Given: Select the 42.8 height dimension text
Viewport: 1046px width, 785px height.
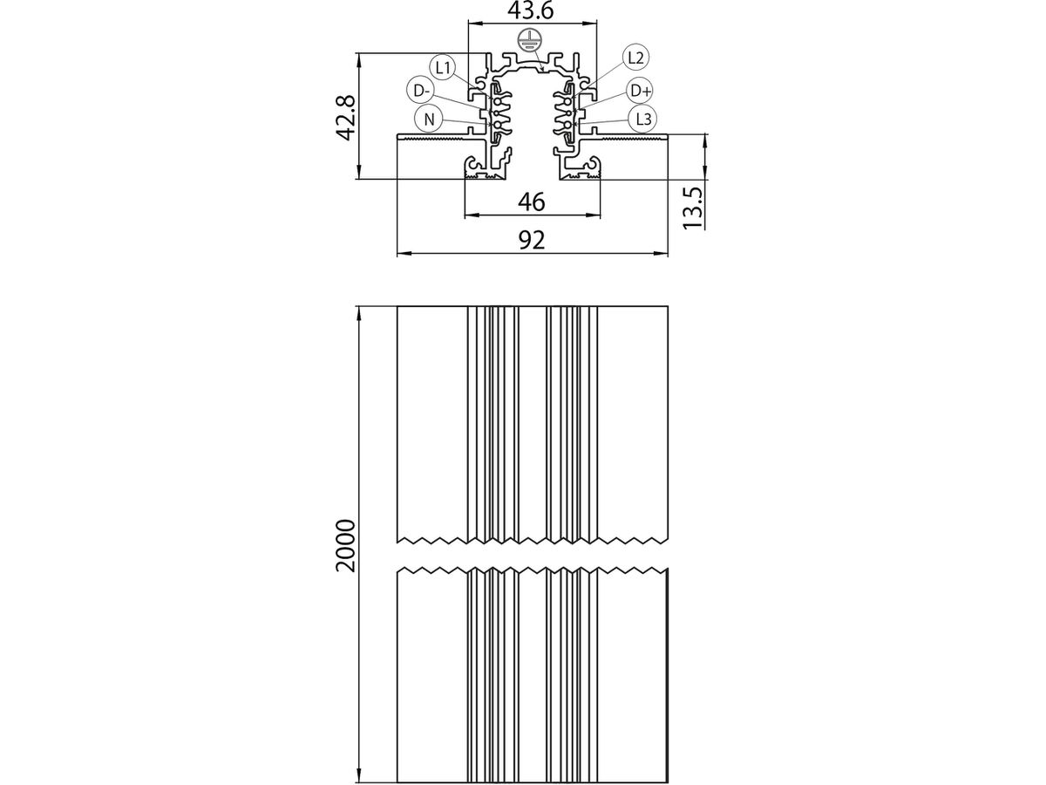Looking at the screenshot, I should click(346, 117).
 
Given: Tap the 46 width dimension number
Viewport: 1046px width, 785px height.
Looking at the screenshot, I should click(531, 202).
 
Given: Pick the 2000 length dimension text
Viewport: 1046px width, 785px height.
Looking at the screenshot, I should click(346, 544).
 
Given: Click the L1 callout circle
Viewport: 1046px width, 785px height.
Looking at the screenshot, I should click(442, 66).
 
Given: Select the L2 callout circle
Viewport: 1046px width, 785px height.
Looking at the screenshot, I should click(635, 58).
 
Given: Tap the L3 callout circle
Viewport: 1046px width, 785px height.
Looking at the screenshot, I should click(643, 119).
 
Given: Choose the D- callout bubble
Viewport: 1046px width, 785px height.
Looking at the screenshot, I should click(420, 90).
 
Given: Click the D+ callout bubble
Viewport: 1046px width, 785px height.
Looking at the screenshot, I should click(641, 90).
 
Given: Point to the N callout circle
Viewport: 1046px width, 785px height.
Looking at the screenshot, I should click(429, 119).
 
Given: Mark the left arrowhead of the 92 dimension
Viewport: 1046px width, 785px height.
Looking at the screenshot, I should click(400, 255).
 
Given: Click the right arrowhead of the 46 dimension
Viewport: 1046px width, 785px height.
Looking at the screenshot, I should click(597, 215).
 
